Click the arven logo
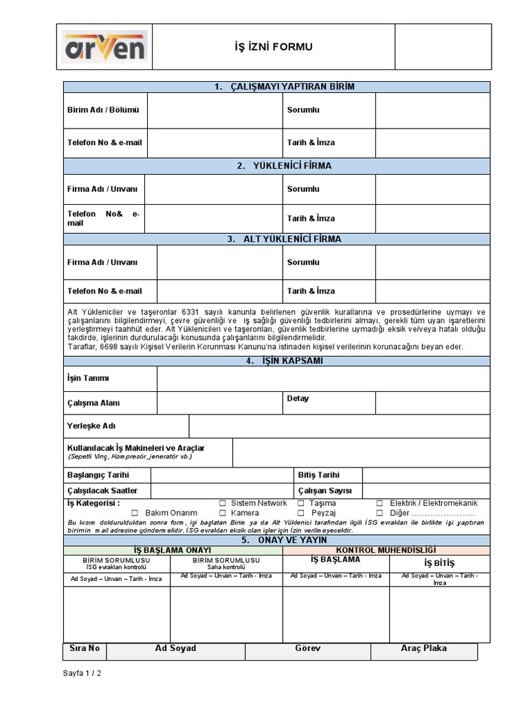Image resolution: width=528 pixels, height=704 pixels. coord(105,47)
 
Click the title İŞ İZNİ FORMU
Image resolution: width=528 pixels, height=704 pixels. coord(274,47)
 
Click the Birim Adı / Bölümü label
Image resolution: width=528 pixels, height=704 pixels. coord(103,110)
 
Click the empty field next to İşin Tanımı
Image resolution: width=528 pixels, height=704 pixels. coord(323,378)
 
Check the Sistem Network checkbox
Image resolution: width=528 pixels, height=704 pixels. coord(223,503)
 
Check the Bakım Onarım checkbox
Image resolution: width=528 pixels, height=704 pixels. coord(135,513)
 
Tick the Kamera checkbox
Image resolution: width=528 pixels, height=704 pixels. coord(223,513)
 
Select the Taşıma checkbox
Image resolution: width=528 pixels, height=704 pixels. coord(301,503)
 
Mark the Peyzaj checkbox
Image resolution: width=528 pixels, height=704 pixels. coord(301,513)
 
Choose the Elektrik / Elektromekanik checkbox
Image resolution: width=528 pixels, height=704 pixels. coord(380,503)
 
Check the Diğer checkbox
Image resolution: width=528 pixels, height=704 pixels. coord(380,513)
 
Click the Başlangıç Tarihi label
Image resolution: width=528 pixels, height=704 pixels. coord(98,475)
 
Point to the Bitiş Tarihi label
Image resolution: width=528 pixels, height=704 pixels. coord(319,475)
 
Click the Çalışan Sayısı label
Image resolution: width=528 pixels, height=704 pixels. coord(324,490)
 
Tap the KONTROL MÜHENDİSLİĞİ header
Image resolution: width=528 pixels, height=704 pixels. coord(386,550)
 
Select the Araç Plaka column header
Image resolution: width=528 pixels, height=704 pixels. coord(423,648)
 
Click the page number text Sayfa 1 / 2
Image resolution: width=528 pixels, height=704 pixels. coord(82,674)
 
